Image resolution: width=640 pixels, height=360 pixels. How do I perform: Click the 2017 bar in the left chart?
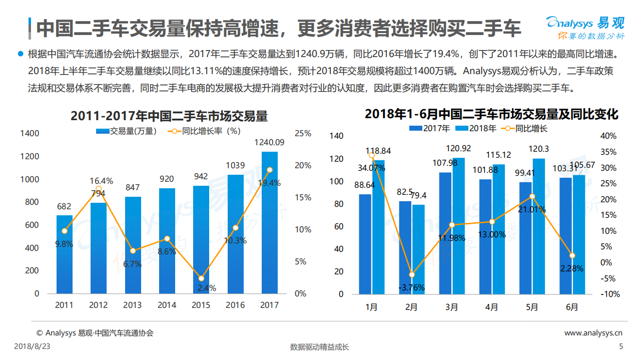tap(269, 223)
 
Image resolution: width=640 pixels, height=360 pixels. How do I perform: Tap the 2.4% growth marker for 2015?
tap(201, 278)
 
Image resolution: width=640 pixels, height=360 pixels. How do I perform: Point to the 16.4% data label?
tap(101, 181)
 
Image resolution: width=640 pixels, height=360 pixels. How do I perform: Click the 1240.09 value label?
tap(269, 143)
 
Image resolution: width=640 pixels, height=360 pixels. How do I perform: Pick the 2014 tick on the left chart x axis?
tap(167, 305)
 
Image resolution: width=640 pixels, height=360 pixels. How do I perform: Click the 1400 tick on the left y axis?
tap(30, 134)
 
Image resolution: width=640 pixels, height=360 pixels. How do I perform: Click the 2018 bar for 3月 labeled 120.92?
tap(458, 225)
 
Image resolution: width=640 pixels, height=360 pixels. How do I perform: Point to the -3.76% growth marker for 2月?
tap(412, 274)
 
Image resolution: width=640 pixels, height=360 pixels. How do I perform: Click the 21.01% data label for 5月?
tap(531, 209)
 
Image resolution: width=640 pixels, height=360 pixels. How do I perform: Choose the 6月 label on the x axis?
tap(572, 307)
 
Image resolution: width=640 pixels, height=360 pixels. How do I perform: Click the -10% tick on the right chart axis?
tap(609, 294)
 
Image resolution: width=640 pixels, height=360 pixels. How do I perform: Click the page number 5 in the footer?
tap(621, 346)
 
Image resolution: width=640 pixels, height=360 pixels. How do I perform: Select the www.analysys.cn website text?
tap(593, 333)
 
